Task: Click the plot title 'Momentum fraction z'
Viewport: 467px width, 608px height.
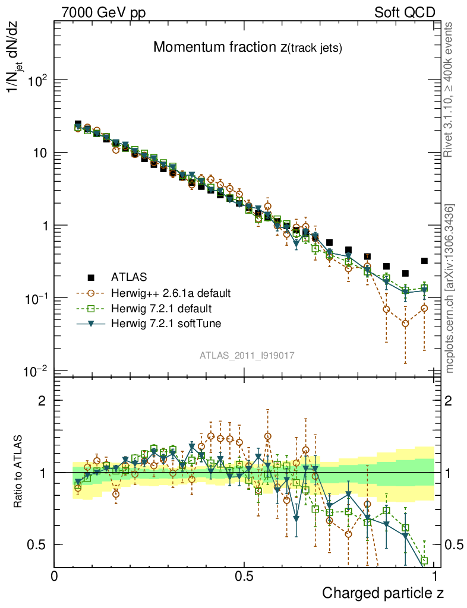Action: tap(247, 48)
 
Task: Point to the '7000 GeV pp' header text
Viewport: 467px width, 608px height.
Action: tap(103, 12)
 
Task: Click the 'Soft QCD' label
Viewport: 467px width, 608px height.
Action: tap(405, 12)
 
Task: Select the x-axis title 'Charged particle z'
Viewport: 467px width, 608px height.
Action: tap(383, 593)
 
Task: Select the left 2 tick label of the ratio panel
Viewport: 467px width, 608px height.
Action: tap(42, 400)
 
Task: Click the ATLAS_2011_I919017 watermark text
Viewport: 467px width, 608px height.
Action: tap(247, 355)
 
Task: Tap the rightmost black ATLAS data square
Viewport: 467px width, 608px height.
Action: tap(424, 261)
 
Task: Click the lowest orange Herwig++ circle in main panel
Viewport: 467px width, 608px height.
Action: tap(405, 324)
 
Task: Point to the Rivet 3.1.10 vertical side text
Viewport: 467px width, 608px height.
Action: tap(449, 89)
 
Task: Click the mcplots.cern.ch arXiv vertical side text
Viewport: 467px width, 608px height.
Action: tap(450, 288)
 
